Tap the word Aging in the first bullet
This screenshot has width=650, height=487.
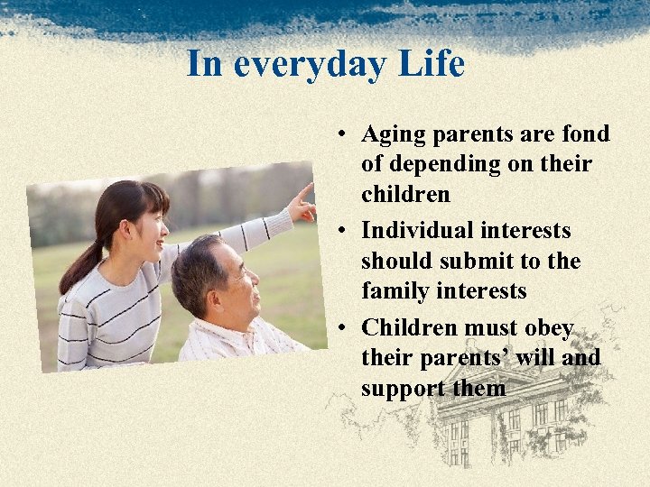pos(394,134)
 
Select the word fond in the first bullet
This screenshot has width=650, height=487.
pos(585,134)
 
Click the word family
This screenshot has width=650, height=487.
pos(394,291)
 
